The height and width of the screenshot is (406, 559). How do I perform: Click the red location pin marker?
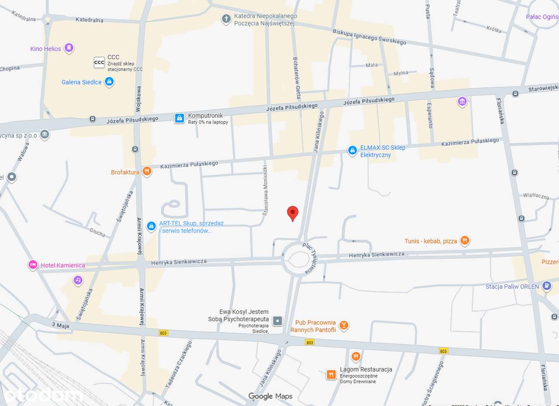293,213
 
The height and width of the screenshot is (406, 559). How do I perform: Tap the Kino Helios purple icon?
69,48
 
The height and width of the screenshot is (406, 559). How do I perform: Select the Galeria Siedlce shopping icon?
110,82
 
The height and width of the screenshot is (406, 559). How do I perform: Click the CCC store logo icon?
100,62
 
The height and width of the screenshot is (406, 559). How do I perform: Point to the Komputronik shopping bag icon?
179,118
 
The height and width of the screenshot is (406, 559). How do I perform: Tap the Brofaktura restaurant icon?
147,171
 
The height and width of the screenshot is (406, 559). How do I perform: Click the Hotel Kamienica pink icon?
32,265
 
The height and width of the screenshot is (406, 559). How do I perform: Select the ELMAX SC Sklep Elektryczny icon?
352,150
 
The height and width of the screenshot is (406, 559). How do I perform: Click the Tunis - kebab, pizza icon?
465,240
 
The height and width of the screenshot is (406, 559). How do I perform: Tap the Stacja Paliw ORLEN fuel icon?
546,286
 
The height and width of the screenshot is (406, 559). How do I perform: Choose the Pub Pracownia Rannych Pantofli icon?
344,325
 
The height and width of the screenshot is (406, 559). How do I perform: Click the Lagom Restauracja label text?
366,369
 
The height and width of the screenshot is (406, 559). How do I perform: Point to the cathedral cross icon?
226,19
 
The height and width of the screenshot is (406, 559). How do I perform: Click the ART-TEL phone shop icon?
151,226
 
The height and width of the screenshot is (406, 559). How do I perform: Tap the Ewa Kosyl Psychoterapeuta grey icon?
277,321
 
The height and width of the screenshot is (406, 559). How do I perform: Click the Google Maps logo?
270,396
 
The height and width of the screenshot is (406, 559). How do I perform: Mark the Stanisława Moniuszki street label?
265,190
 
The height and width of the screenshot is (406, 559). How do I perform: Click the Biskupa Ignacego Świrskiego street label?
369,37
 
